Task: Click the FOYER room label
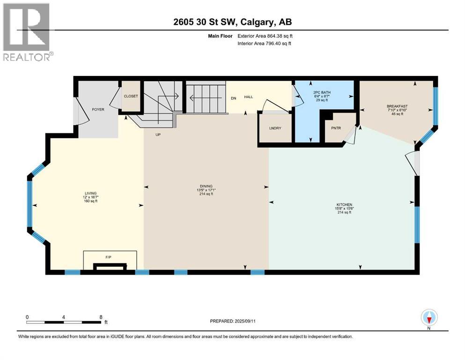tap(98, 109)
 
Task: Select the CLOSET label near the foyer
tap(131, 96)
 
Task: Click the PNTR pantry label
tap(335, 127)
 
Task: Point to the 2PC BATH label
tap(323, 92)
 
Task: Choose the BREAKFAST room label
tap(397, 106)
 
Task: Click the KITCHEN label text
tap(344, 205)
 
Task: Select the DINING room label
tap(206, 186)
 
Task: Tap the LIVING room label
tap(90, 193)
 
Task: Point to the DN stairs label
tap(233, 98)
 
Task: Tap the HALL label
tap(248, 97)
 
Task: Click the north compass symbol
tap(429, 318)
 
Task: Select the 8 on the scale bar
tap(101, 316)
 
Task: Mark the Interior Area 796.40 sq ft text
tap(264, 44)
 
